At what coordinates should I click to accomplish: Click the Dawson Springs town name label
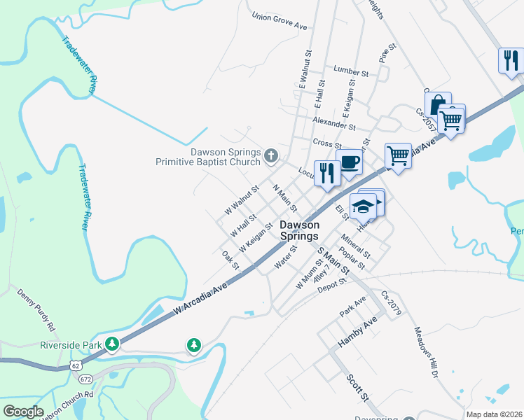tap(300, 230)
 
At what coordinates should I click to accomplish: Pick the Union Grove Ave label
tap(280, 22)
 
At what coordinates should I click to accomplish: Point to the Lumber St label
tap(351, 72)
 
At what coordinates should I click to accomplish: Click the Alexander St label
tap(335, 123)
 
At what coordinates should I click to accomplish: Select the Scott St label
tap(357, 388)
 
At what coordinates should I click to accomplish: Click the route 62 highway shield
tap(75, 365)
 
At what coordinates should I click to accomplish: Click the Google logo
tap(23, 412)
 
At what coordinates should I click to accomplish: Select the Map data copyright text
tap(493, 414)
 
